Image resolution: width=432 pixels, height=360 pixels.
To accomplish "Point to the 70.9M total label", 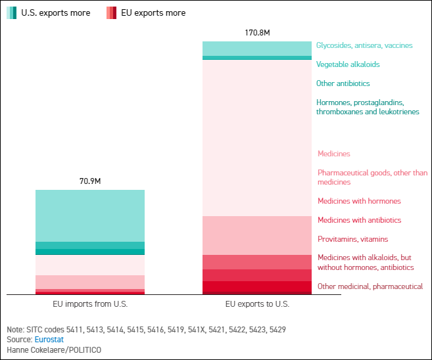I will (x=89, y=181).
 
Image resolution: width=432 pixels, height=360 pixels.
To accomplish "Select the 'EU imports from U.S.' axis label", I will (x=90, y=304).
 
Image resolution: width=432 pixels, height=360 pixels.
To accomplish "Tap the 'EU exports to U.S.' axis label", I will (x=257, y=304).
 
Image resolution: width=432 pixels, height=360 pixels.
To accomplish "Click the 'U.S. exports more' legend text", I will (x=56, y=12).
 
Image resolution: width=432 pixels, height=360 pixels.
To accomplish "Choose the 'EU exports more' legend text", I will (x=153, y=12).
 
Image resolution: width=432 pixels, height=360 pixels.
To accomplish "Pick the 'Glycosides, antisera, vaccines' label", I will (x=364, y=45).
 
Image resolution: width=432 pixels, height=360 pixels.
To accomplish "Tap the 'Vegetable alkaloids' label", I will (x=348, y=64).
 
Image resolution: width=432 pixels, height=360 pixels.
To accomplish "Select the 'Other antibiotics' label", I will (x=343, y=83).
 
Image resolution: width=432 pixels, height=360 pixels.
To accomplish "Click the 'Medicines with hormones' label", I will (x=359, y=201).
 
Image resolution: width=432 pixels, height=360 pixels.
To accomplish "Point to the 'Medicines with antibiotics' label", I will (x=359, y=220).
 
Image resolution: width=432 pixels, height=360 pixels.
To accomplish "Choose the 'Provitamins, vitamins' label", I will (x=352, y=239).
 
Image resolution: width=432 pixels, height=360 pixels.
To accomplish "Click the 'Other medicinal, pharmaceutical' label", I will (x=370, y=286).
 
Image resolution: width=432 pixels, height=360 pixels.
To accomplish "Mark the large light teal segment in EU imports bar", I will (x=90, y=215).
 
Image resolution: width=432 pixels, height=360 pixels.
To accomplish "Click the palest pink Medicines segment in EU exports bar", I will (x=256, y=138).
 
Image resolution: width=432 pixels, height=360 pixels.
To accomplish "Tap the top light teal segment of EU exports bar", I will (x=256, y=48).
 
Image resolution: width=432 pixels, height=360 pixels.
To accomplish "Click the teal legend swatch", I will (x=12, y=12).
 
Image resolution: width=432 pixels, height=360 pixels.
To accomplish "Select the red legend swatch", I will (x=111, y=12).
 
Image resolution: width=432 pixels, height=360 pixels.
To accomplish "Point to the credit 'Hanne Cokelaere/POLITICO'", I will (x=54, y=350).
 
